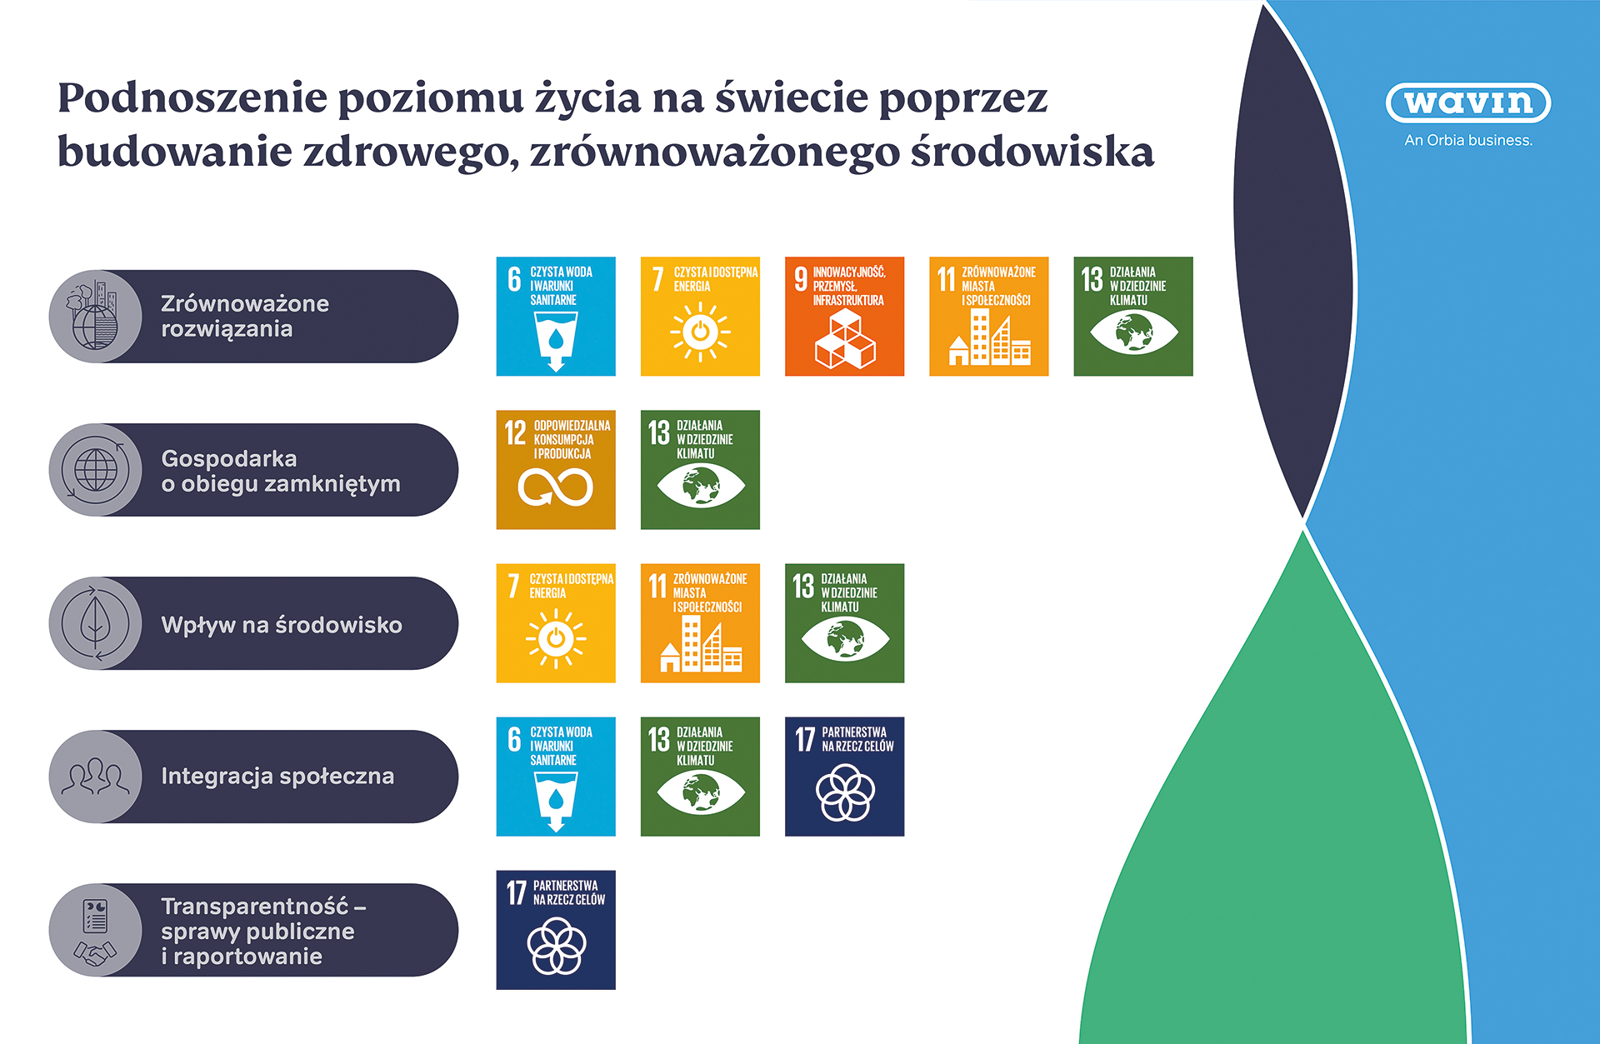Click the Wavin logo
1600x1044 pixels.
[1467, 103]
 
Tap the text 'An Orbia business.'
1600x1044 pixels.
[1467, 141]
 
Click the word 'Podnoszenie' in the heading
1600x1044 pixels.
[192, 98]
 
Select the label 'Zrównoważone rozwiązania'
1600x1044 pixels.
[245, 316]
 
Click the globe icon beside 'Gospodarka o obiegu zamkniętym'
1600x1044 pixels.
[96, 470]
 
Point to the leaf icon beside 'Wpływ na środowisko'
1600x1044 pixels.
[95, 623]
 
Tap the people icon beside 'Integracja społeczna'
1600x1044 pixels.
[95, 777]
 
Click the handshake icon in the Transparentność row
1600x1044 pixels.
[95, 952]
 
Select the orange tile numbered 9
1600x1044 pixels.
[844, 316]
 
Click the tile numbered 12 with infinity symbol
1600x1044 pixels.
[556, 469]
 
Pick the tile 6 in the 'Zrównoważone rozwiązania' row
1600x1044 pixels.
[556, 316]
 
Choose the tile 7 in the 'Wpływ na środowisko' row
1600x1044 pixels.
[556, 623]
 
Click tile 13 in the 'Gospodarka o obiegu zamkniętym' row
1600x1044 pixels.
[700, 469]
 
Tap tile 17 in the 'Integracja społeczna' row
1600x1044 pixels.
[844, 777]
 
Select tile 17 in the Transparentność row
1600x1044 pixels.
[556, 930]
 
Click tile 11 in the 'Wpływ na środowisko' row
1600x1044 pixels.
[700, 623]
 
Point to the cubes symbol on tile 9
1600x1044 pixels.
[845, 340]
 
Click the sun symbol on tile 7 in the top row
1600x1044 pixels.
[700, 332]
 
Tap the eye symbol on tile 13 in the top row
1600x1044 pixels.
[1133, 332]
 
